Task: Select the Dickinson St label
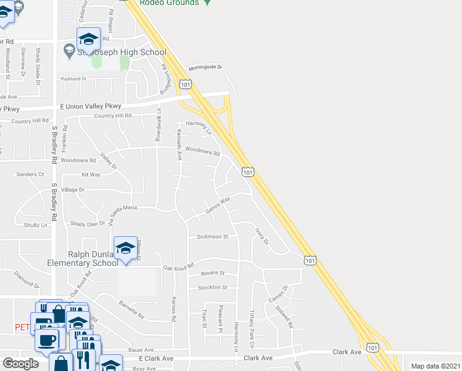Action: coord(212,236)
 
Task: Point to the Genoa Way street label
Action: coord(217,203)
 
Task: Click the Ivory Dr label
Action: coord(262,236)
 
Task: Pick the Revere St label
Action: coord(212,273)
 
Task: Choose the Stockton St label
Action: coord(212,288)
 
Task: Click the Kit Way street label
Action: coord(91,175)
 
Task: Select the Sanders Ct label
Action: coord(30,174)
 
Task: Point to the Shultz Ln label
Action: coord(35,225)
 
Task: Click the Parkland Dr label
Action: coord(74,79)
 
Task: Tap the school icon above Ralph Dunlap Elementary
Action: coord(125,248)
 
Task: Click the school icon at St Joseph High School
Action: coord(88,39)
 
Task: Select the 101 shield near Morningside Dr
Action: coord(185,83)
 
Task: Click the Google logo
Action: coord(20,364)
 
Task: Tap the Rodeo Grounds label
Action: coord(169,3)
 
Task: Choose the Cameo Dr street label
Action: coord(277,294)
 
